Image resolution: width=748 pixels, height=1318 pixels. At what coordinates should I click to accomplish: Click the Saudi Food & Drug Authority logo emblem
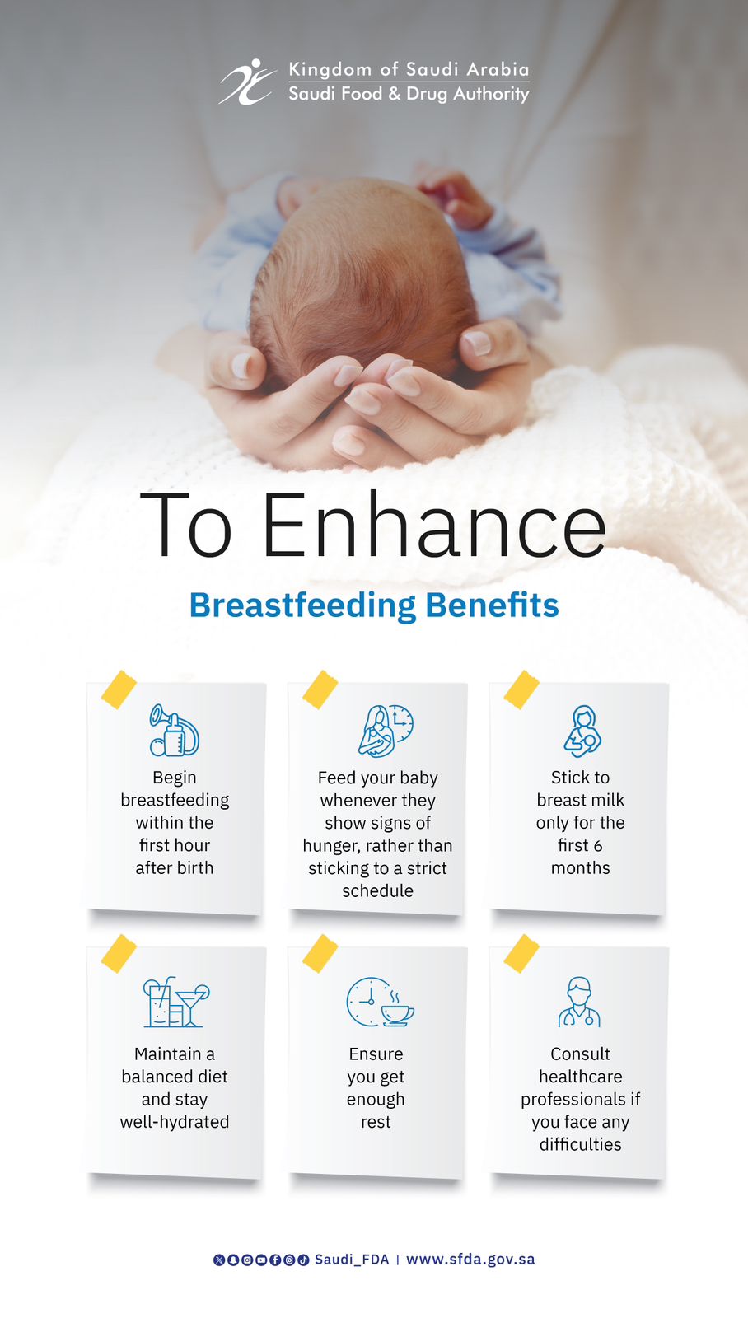pyautogui.click(x=247, y=82)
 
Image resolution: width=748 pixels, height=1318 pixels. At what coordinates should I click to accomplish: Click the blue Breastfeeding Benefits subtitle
pyautogui.click(x=374, y=605)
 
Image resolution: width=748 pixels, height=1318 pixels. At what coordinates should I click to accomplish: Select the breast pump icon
pyautogui.click(x=174, y=730)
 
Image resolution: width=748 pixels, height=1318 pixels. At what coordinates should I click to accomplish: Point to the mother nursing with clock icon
pyautogui.click(x=386, y=730)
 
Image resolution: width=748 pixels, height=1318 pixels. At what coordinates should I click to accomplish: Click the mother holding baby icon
pyautogui.click(x=582, y=731)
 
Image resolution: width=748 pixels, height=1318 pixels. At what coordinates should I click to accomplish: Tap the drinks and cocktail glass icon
pyautogui.click(x=176, y=1002)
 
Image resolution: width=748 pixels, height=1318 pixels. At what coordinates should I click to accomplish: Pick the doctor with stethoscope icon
pyautogui.click(x=579, y=1002)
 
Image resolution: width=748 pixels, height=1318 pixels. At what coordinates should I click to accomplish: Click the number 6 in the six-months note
pyautogui.click(x=598, y=846)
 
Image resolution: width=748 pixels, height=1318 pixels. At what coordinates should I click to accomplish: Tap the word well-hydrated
pyautogui.click(x=174, y=1122)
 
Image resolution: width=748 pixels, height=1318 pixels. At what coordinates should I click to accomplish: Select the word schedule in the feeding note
pyautogui.click(x=378, y=890)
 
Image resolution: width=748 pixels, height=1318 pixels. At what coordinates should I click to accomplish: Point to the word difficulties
pyautogui.click(x=580, y=1144)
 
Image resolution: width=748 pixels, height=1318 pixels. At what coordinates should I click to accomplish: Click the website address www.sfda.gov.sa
pyautogui.click(x=470, y=1260)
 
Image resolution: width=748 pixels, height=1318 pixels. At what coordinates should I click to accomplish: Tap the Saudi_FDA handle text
pyautogui.click(x=352, y=1260)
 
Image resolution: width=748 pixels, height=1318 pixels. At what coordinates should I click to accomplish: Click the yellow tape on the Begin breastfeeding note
pyautogui.click(x=119, y=689)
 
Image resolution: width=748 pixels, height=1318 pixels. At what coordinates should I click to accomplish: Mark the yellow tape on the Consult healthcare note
pyautogui.click(x=521, y=953)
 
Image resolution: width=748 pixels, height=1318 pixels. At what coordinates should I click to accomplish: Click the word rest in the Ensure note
pyautogui.click(x=376, y=1122)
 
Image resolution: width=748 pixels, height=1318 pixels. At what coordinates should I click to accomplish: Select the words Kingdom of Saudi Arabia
pyautogui.click(x=409, y=69)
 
